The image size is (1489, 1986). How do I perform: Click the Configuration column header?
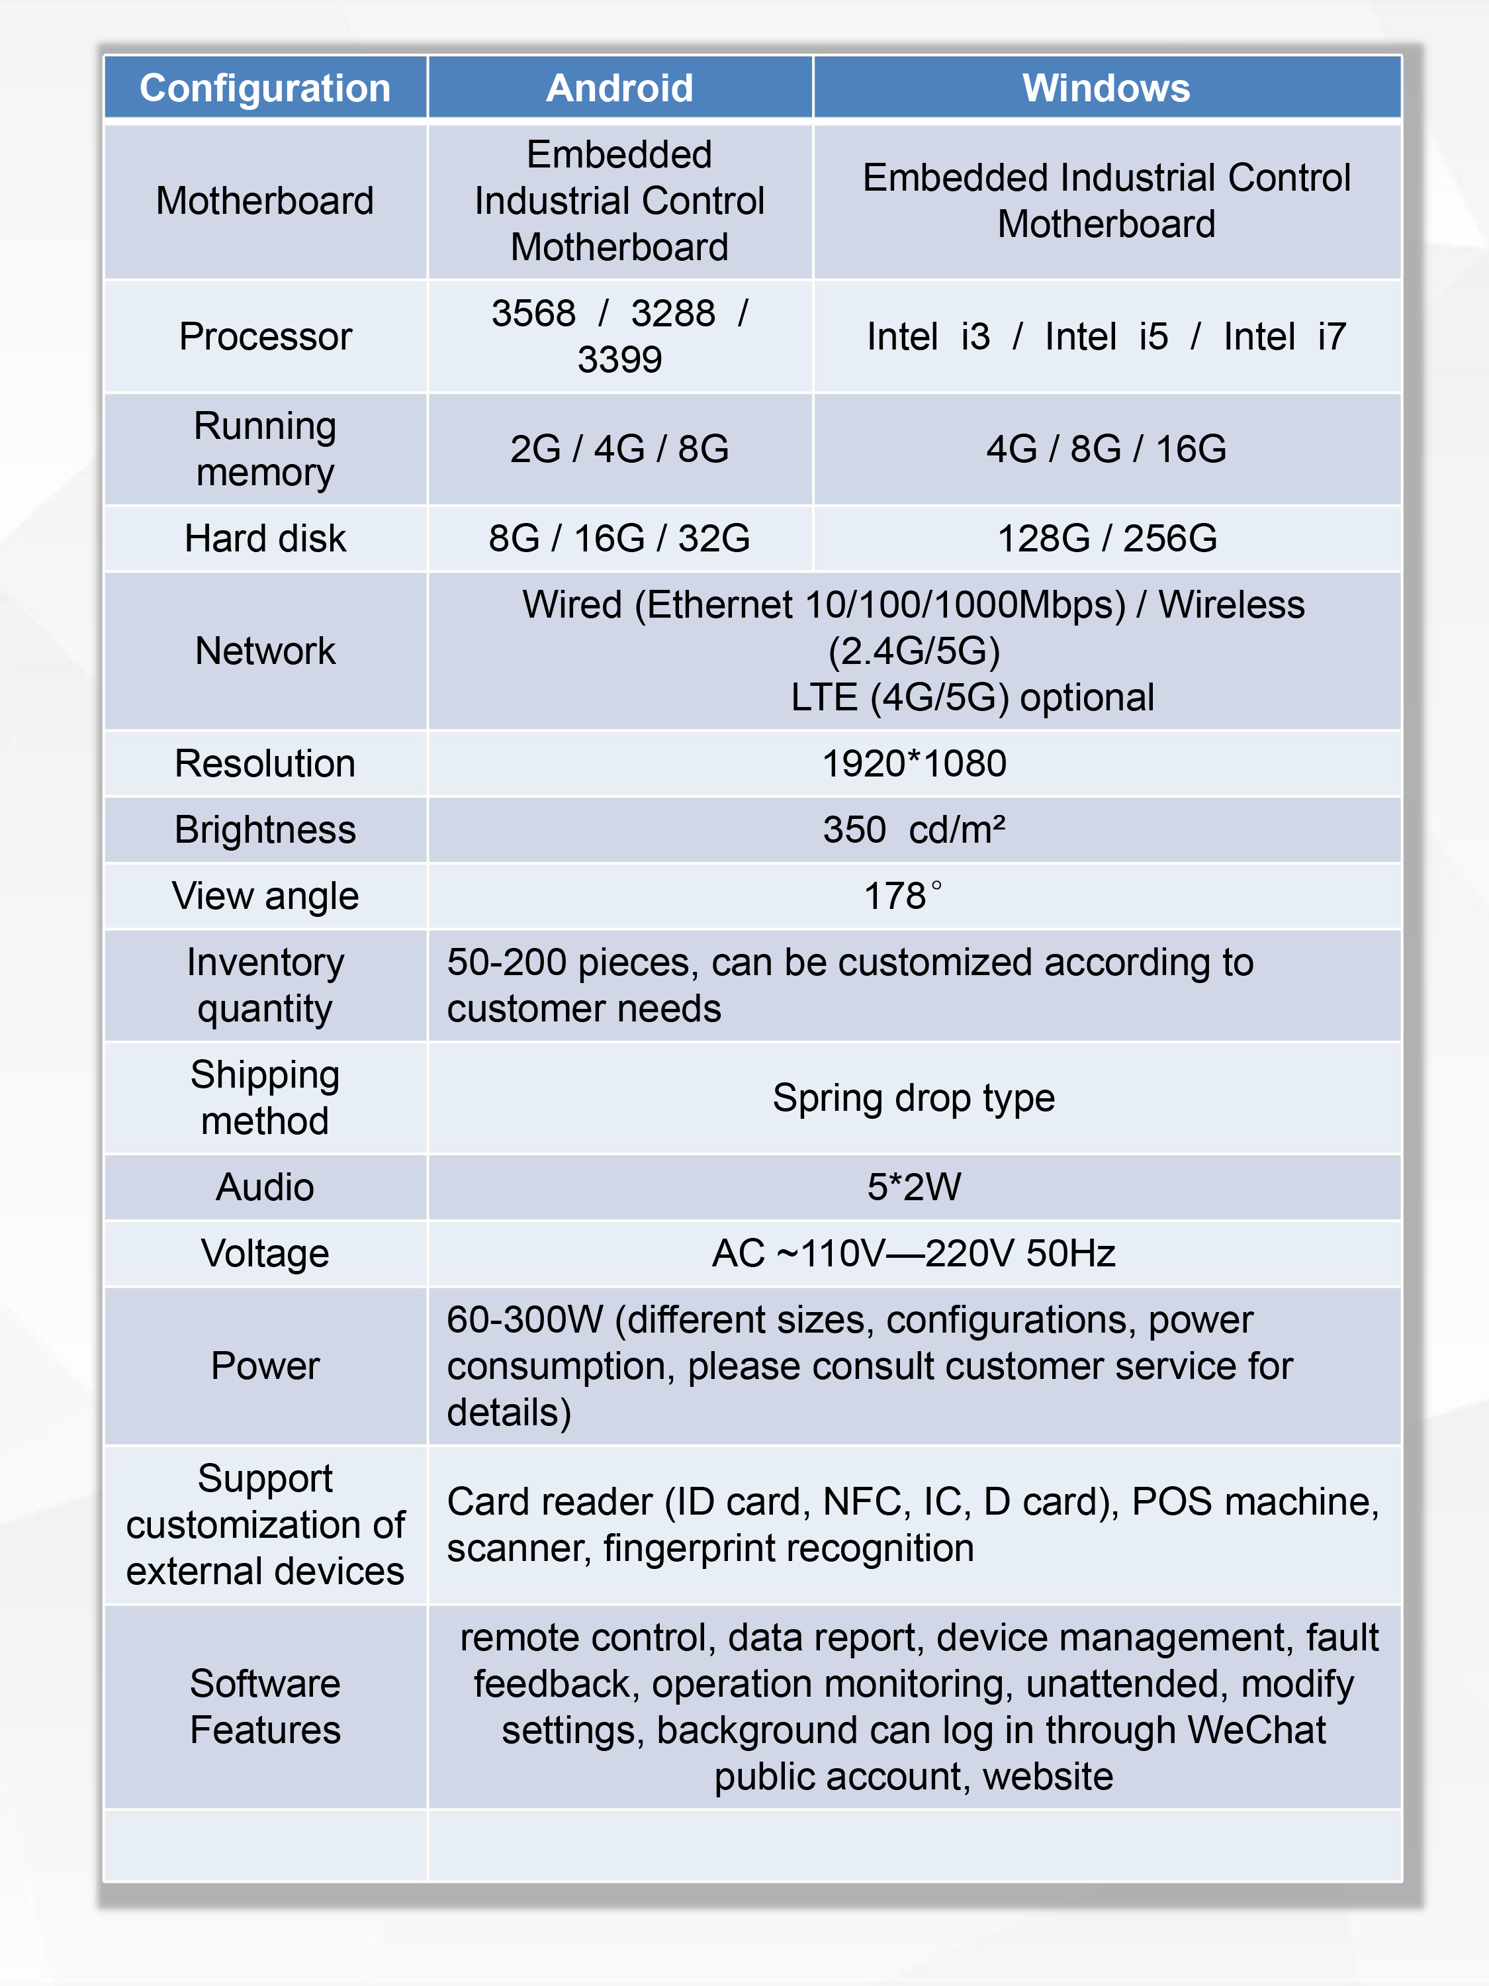click(x=265, y=88)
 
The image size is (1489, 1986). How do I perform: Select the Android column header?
click(x=619, y=88)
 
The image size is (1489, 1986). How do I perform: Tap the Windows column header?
click(x=1106, y=88)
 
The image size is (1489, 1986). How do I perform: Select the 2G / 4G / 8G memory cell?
click(x=619, y=449)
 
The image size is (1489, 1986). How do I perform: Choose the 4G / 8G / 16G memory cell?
click(x=1106, y=449)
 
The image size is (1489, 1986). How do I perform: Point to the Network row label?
click(x=265, y=651)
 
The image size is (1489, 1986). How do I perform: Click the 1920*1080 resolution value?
click(x=914, y=764)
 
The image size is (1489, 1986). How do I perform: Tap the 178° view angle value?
click(x=902, y=896)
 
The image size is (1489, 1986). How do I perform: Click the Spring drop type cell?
click(x=914, y=1098)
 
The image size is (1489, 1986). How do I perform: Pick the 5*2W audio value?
click(x=914, y=1187)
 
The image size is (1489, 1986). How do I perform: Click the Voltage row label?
click(x=265, y=1253)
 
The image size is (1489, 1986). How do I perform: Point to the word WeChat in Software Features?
click(x=1257, y=1730)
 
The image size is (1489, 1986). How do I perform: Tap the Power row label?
click(x=265, y=1366)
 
